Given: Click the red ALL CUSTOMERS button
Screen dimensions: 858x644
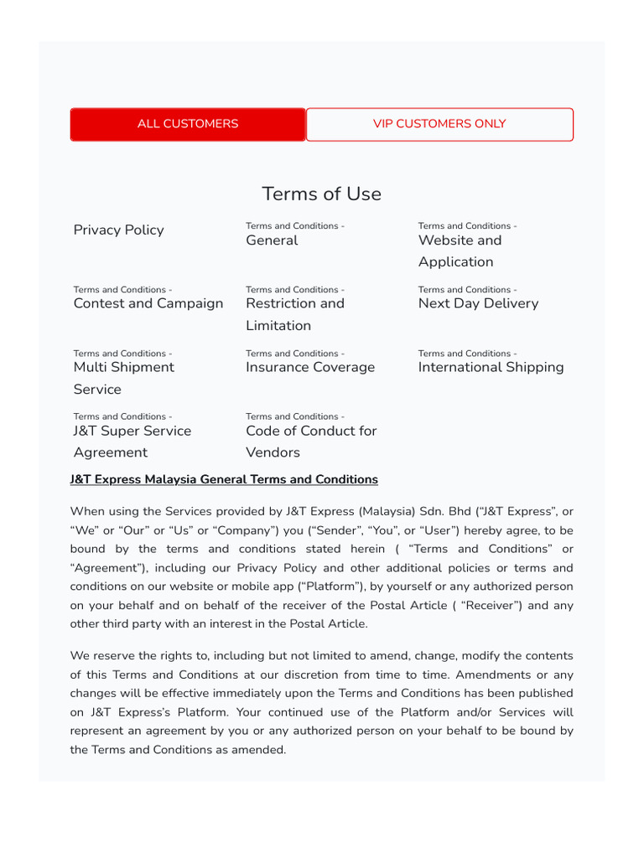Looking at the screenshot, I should pos(188,124).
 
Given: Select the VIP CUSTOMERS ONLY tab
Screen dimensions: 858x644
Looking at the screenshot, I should pos(439,124).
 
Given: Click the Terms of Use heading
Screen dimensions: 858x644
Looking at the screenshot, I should pos(321,194).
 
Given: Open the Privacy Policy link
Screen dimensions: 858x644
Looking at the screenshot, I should pos(119,230).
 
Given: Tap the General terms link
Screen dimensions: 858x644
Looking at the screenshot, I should pos(272,240).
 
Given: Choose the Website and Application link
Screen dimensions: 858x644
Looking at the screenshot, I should pos(460,251).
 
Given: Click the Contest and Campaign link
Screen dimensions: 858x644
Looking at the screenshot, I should pos(148,303).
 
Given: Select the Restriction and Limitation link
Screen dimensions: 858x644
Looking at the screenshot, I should pos(295,314).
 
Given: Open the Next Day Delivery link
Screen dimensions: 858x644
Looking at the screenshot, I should pos(478,303).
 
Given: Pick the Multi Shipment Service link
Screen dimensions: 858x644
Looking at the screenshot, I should pos(124,378).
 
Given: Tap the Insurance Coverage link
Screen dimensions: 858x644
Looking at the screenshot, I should pos(310,367).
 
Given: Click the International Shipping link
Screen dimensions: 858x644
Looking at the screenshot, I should pos(491,367).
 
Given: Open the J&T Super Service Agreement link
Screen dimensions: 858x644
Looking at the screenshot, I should pos(132,442).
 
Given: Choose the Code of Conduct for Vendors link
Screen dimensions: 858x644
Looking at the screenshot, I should pos(311,442).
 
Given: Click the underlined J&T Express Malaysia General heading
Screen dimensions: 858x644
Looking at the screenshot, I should pos(224,479).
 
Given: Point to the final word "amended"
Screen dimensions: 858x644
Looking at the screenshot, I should pos(260,749).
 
